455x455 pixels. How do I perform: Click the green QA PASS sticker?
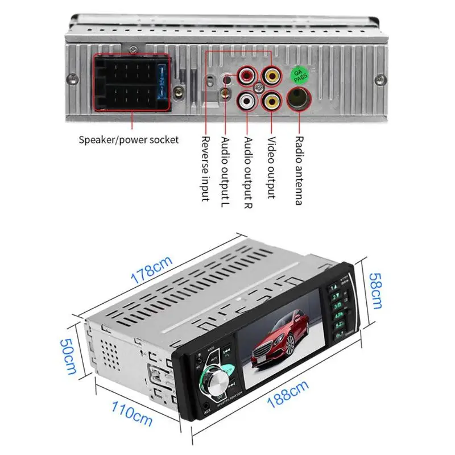296,75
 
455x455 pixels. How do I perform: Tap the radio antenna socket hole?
297,101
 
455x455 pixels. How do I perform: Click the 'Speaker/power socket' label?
129,139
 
